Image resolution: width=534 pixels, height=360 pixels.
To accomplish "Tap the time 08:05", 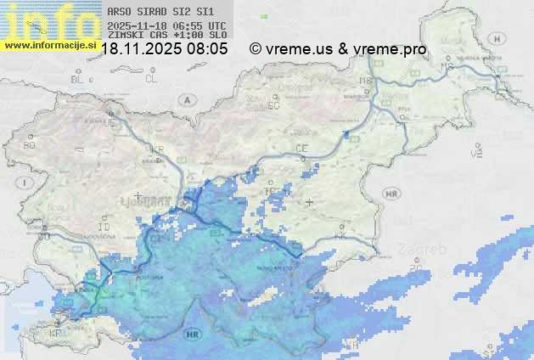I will (x=208, y=48).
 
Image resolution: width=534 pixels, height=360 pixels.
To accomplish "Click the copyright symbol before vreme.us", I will (x=255, y=48).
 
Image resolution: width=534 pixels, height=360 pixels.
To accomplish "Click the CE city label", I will (x=301, y=148).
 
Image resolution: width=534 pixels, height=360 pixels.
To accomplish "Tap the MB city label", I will (x=366, y=81).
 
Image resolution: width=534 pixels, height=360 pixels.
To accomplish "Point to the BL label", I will (x=77, y=79).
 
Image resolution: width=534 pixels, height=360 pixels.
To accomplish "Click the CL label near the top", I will (x=151, y=78).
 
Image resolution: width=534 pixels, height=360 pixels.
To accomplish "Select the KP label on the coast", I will (x=55, y=334).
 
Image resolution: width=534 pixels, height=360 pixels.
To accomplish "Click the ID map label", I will (x=104, y=228).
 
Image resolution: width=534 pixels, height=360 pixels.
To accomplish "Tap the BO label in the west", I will (x=30, y=145).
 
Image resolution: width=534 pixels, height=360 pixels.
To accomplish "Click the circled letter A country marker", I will (x=186, y=99).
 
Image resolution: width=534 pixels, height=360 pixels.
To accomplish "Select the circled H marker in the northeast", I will (x=503, y=39).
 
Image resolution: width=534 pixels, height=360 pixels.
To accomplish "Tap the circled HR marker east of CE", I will (x=391, y=194).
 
